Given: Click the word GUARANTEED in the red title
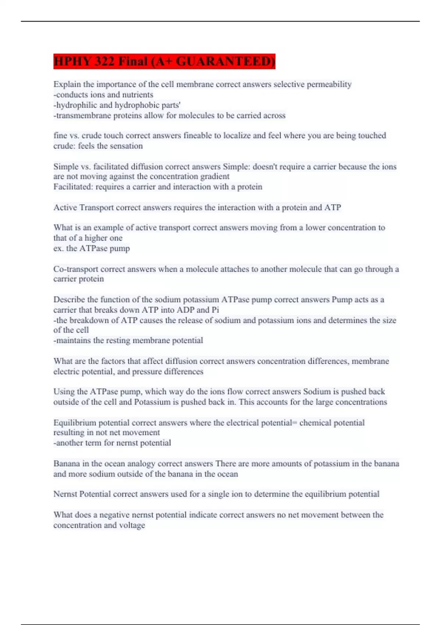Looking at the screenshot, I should [x=225, y=61].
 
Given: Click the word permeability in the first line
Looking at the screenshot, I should [x=329, y=85].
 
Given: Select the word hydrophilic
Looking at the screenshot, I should [x=76, y=105].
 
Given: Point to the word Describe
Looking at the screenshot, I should [x=69, y=300].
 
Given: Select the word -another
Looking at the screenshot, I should [x=68, y=443].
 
